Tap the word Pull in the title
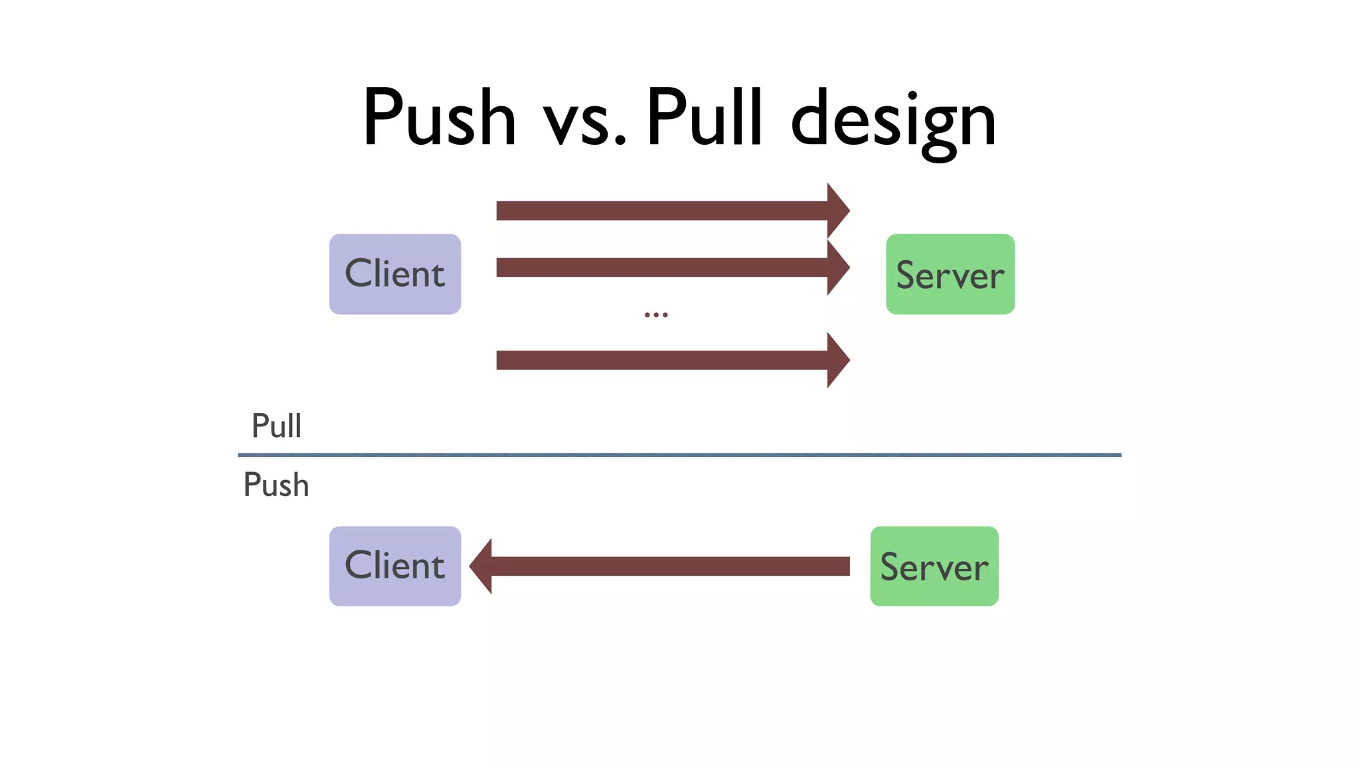pos(704,117)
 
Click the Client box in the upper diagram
pos(395,274)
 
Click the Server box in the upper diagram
pos(950,274)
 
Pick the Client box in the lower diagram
pos(395,566)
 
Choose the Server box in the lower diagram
pos(934,566)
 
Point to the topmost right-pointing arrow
pos(664,211)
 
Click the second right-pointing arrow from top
pos(664,268)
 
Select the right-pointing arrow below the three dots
pos(664,360)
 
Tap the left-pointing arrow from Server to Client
pos(664,566)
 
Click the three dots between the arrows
pos(656,315)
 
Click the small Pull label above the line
pos(276,426)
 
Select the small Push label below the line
pos(276,485)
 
